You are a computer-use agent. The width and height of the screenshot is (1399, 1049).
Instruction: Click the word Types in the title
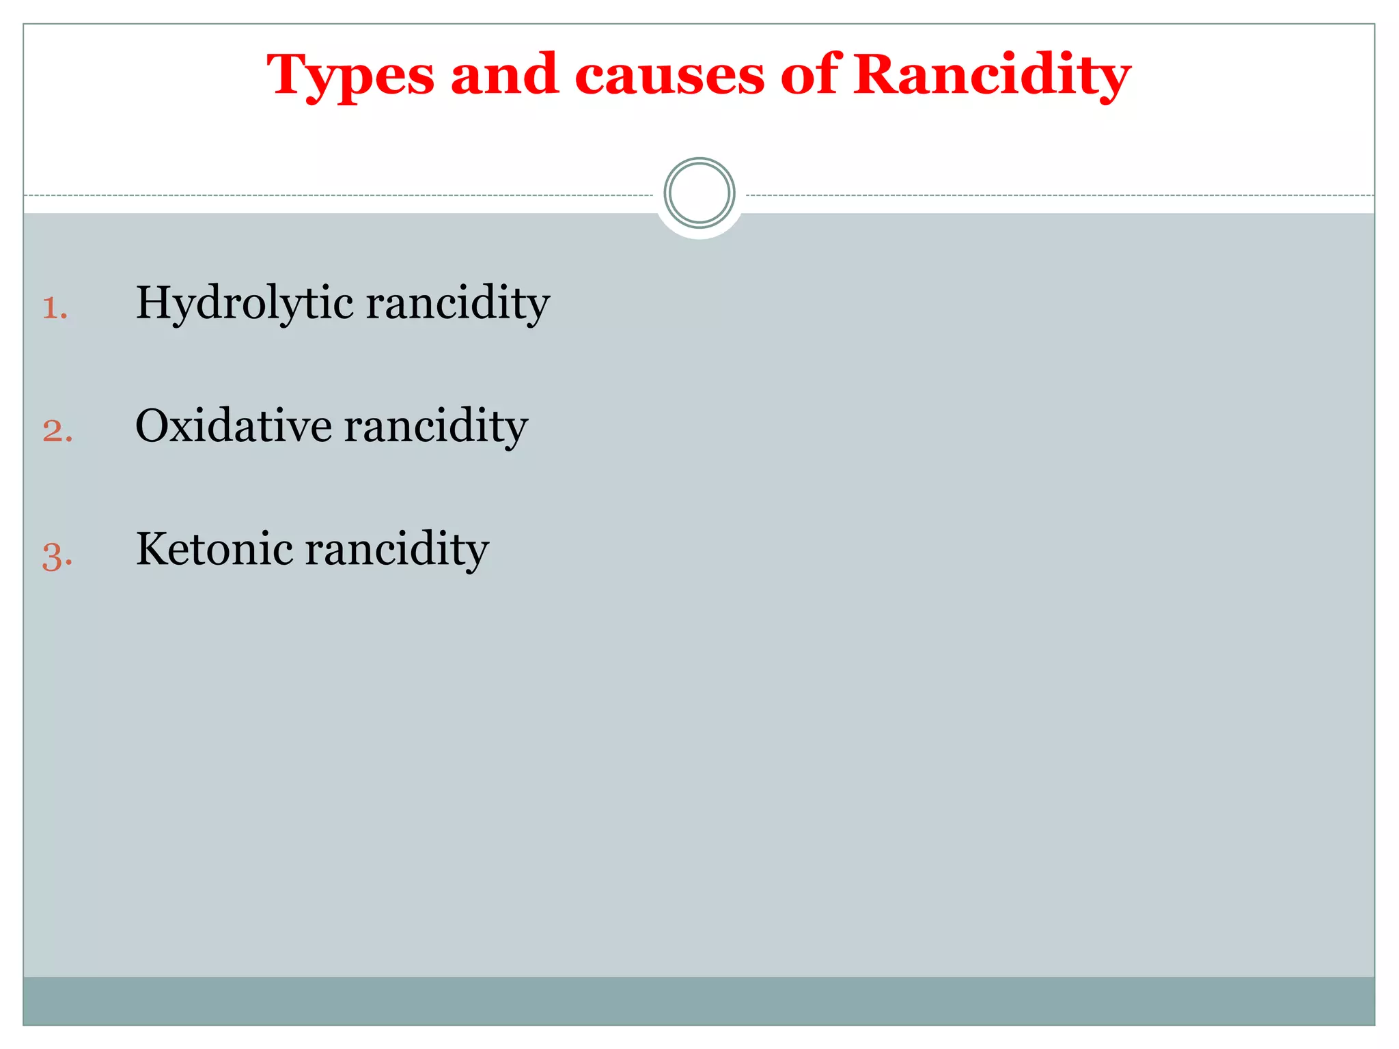[x=350, y=76]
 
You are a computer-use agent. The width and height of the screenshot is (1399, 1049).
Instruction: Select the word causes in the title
[x=669, y=76]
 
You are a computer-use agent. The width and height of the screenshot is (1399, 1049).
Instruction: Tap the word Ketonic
[x=214, y=548]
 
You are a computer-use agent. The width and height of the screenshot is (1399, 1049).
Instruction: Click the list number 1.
[x=54, y=308]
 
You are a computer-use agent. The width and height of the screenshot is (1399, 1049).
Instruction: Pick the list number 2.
[x=57, y=431]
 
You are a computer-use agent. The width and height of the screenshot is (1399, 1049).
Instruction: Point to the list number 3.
[x=57, y=555]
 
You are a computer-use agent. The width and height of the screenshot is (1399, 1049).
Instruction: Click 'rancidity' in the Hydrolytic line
[x=458, y=304]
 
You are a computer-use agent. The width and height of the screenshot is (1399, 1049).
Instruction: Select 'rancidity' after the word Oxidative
[x=436, y=427]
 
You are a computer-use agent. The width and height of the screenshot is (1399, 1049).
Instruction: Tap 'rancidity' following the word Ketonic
[x=397, y=550]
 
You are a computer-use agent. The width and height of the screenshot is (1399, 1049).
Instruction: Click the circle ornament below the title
[x=699, y=193]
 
